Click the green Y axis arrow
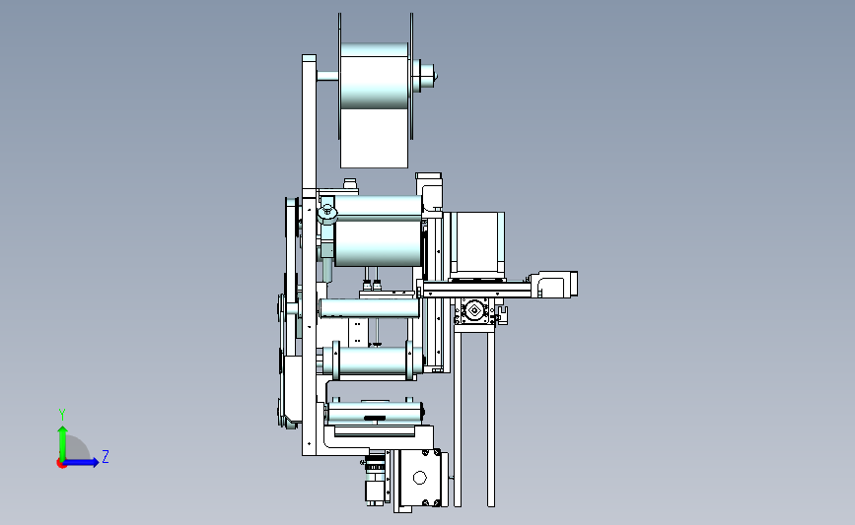click(62, 443)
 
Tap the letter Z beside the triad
click(106, 456)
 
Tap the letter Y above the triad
click(62, 415)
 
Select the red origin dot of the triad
click(61, 464)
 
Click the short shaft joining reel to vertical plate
click(327, 76)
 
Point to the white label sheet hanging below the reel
click(374, 138)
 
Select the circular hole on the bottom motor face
click(419, 478)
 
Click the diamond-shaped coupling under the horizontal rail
click(473, 311)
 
